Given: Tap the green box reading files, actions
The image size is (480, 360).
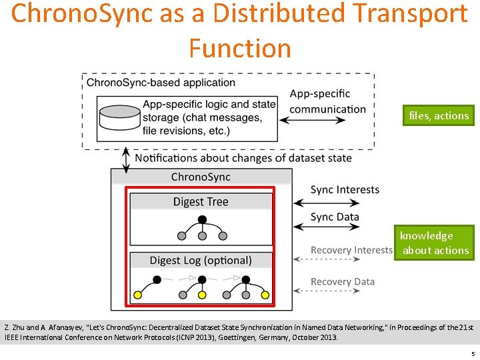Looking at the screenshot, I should pyautogui.click(x=439, y=115).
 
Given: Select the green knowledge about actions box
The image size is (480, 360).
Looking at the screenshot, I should pyautogui.click(x=435, y=243).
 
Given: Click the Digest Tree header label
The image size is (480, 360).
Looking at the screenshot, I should pyautogui.click(x=200, y=201).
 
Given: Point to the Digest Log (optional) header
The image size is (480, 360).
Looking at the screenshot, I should pyautogui.click(x=200, y=260).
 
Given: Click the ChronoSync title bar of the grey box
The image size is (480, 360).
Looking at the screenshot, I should pyautogui.click(x=201, y=177).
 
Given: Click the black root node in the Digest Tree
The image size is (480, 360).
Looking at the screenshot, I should pyautogui.click(x=201, y=219).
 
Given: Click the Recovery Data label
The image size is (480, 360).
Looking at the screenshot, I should pyautogui.click(x=343, y=281).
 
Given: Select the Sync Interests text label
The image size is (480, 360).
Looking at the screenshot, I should pyautogui.click(x=345, y=190).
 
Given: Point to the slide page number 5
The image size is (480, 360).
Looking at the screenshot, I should pyautogui.click(x=472, y=353).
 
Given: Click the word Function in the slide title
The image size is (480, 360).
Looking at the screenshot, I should pyautogui.click(x=240, y=48).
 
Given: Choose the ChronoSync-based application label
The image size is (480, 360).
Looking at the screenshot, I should pyautogui.click(x=161, y=83).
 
